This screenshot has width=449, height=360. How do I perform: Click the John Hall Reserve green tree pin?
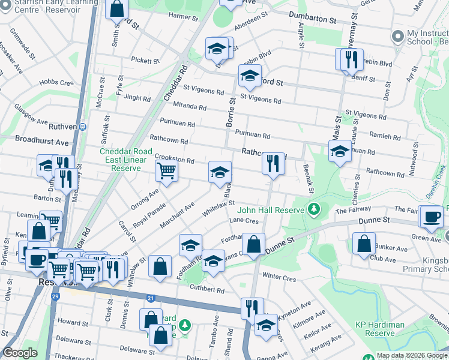coord(312,209)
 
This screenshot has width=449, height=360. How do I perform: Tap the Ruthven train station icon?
coord(83,127)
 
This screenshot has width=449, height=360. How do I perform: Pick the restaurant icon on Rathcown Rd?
coord(273,163)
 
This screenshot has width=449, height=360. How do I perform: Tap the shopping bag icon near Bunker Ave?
coord(364,244)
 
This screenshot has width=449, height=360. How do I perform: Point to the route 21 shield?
coord(150,297)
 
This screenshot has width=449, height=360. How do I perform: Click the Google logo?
coord(20,353)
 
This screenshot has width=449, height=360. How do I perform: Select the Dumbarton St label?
coord(312,20)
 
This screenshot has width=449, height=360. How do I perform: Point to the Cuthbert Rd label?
coord(208,290)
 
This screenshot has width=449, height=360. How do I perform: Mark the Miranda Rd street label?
coord(190,107)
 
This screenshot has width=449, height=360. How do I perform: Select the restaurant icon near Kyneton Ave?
coord(252,308)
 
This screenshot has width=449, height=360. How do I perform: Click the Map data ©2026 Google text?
coord(411,355)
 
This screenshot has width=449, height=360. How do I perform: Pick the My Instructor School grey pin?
coord(396,37)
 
